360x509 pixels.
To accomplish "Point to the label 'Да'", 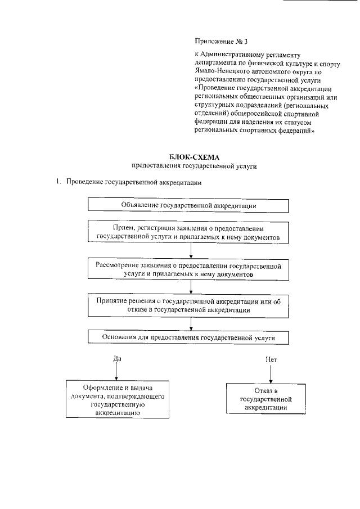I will [x=117, y=358].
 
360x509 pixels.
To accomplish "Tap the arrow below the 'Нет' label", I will [x=271, y=373].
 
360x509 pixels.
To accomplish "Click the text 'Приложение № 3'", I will [x=217, y=41].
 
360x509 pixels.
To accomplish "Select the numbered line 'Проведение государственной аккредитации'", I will [x=133, y=183].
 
